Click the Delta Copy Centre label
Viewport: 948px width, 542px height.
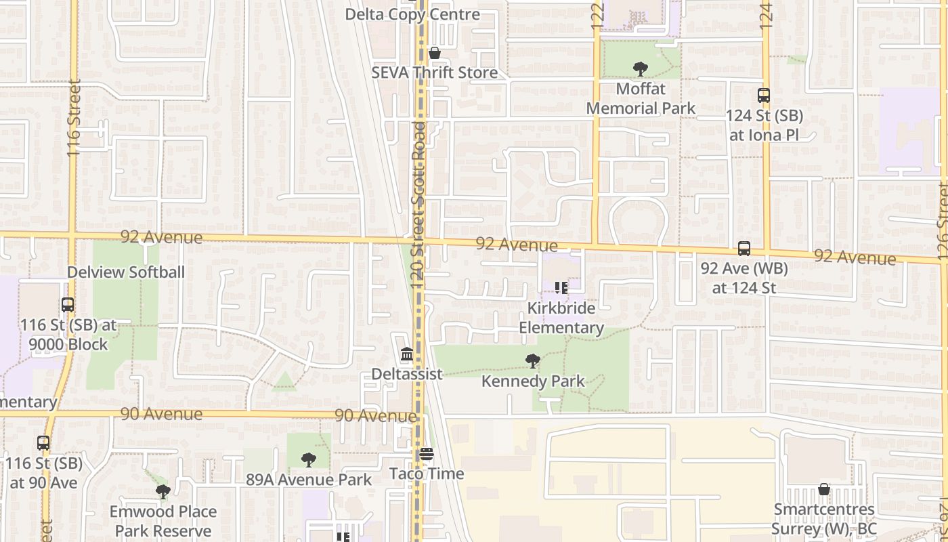[x=412, y=14]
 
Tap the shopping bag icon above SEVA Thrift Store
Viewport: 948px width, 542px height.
[x=435, y=53]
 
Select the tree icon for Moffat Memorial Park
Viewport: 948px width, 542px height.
[x=640, y=68]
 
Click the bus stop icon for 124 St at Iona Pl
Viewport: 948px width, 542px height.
[x=764, y=96]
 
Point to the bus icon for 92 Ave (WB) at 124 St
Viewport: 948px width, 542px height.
[x=744, y=249]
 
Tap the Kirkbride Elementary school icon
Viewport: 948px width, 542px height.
[x=561, y=288]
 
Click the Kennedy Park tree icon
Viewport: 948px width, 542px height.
[x=533, y=361]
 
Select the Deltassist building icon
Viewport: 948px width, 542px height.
[x=406, y=354]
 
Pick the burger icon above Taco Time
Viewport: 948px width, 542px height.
[x=426, y=454]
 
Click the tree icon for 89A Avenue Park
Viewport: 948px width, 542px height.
[x=309, y=460]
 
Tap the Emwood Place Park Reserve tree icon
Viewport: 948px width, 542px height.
[x=163, y=492]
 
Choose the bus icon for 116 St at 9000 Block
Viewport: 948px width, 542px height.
[x=68, y=305]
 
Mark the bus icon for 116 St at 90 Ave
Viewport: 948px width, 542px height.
[x=43, y=443]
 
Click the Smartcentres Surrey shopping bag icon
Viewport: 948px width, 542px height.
[x=824, y=489]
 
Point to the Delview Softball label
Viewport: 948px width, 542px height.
[x=126, y=272]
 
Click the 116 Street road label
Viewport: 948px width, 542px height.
[x=74, y=119]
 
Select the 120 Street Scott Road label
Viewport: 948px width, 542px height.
[x=419, y=203]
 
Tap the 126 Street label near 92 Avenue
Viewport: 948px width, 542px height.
[x=943, y=220]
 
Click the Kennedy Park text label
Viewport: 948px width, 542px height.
[x=533, y=381]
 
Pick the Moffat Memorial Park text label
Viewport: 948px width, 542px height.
[x=641, y=98]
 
